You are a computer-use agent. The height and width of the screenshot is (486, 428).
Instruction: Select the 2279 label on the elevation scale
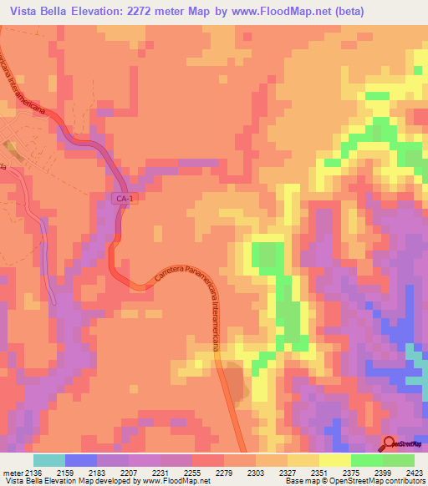tap(223, 472)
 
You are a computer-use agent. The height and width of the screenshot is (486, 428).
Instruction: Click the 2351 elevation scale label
tap(318, 472)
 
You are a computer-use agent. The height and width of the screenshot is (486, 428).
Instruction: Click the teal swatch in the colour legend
tap(49, 460)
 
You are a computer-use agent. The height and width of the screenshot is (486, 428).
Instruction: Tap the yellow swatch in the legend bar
tap(334, 460)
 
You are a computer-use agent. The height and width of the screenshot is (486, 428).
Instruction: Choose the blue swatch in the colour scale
tap(81, 460)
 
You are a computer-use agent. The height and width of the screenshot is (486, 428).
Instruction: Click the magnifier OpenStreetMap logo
tap(389, 443)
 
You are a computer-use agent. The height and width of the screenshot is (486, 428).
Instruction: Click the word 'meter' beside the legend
tap(12, 472)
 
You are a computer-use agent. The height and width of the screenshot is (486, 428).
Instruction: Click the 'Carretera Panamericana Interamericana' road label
tap(187, 275)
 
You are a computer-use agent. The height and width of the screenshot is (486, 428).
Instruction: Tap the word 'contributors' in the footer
tap(404, 482)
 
